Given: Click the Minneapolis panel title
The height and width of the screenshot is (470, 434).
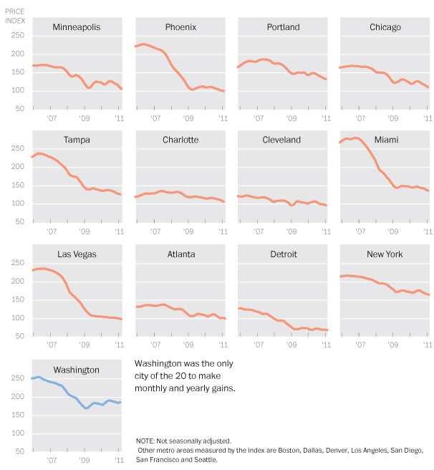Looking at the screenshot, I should [x=77, y=27].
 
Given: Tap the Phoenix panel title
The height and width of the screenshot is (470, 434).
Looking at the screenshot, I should [x=180, y=27].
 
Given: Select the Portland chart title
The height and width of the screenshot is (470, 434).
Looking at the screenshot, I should [x=283, y=27].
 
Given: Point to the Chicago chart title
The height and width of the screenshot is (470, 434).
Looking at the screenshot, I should [x=385, y=27].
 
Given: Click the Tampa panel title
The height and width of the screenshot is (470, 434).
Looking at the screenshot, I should [x=77, y=140].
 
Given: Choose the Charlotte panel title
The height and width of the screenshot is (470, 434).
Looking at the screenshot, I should [x=180, y=140].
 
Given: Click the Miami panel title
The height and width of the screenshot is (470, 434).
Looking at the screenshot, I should [x=385, y=140].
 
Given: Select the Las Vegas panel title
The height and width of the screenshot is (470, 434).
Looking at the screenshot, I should [x=77, y=254].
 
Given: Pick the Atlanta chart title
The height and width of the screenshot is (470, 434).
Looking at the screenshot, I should [x=180, y=254].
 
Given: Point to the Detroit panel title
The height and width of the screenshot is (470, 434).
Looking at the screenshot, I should [x=283, y=254].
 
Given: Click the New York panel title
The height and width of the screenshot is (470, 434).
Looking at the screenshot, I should [x=385, y=254].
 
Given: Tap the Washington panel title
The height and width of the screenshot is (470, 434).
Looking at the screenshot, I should [x=77, y=370].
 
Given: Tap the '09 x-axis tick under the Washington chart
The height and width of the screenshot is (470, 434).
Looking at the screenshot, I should [x=85, y=461].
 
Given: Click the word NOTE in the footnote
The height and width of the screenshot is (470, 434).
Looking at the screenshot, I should [x=145, y=441].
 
